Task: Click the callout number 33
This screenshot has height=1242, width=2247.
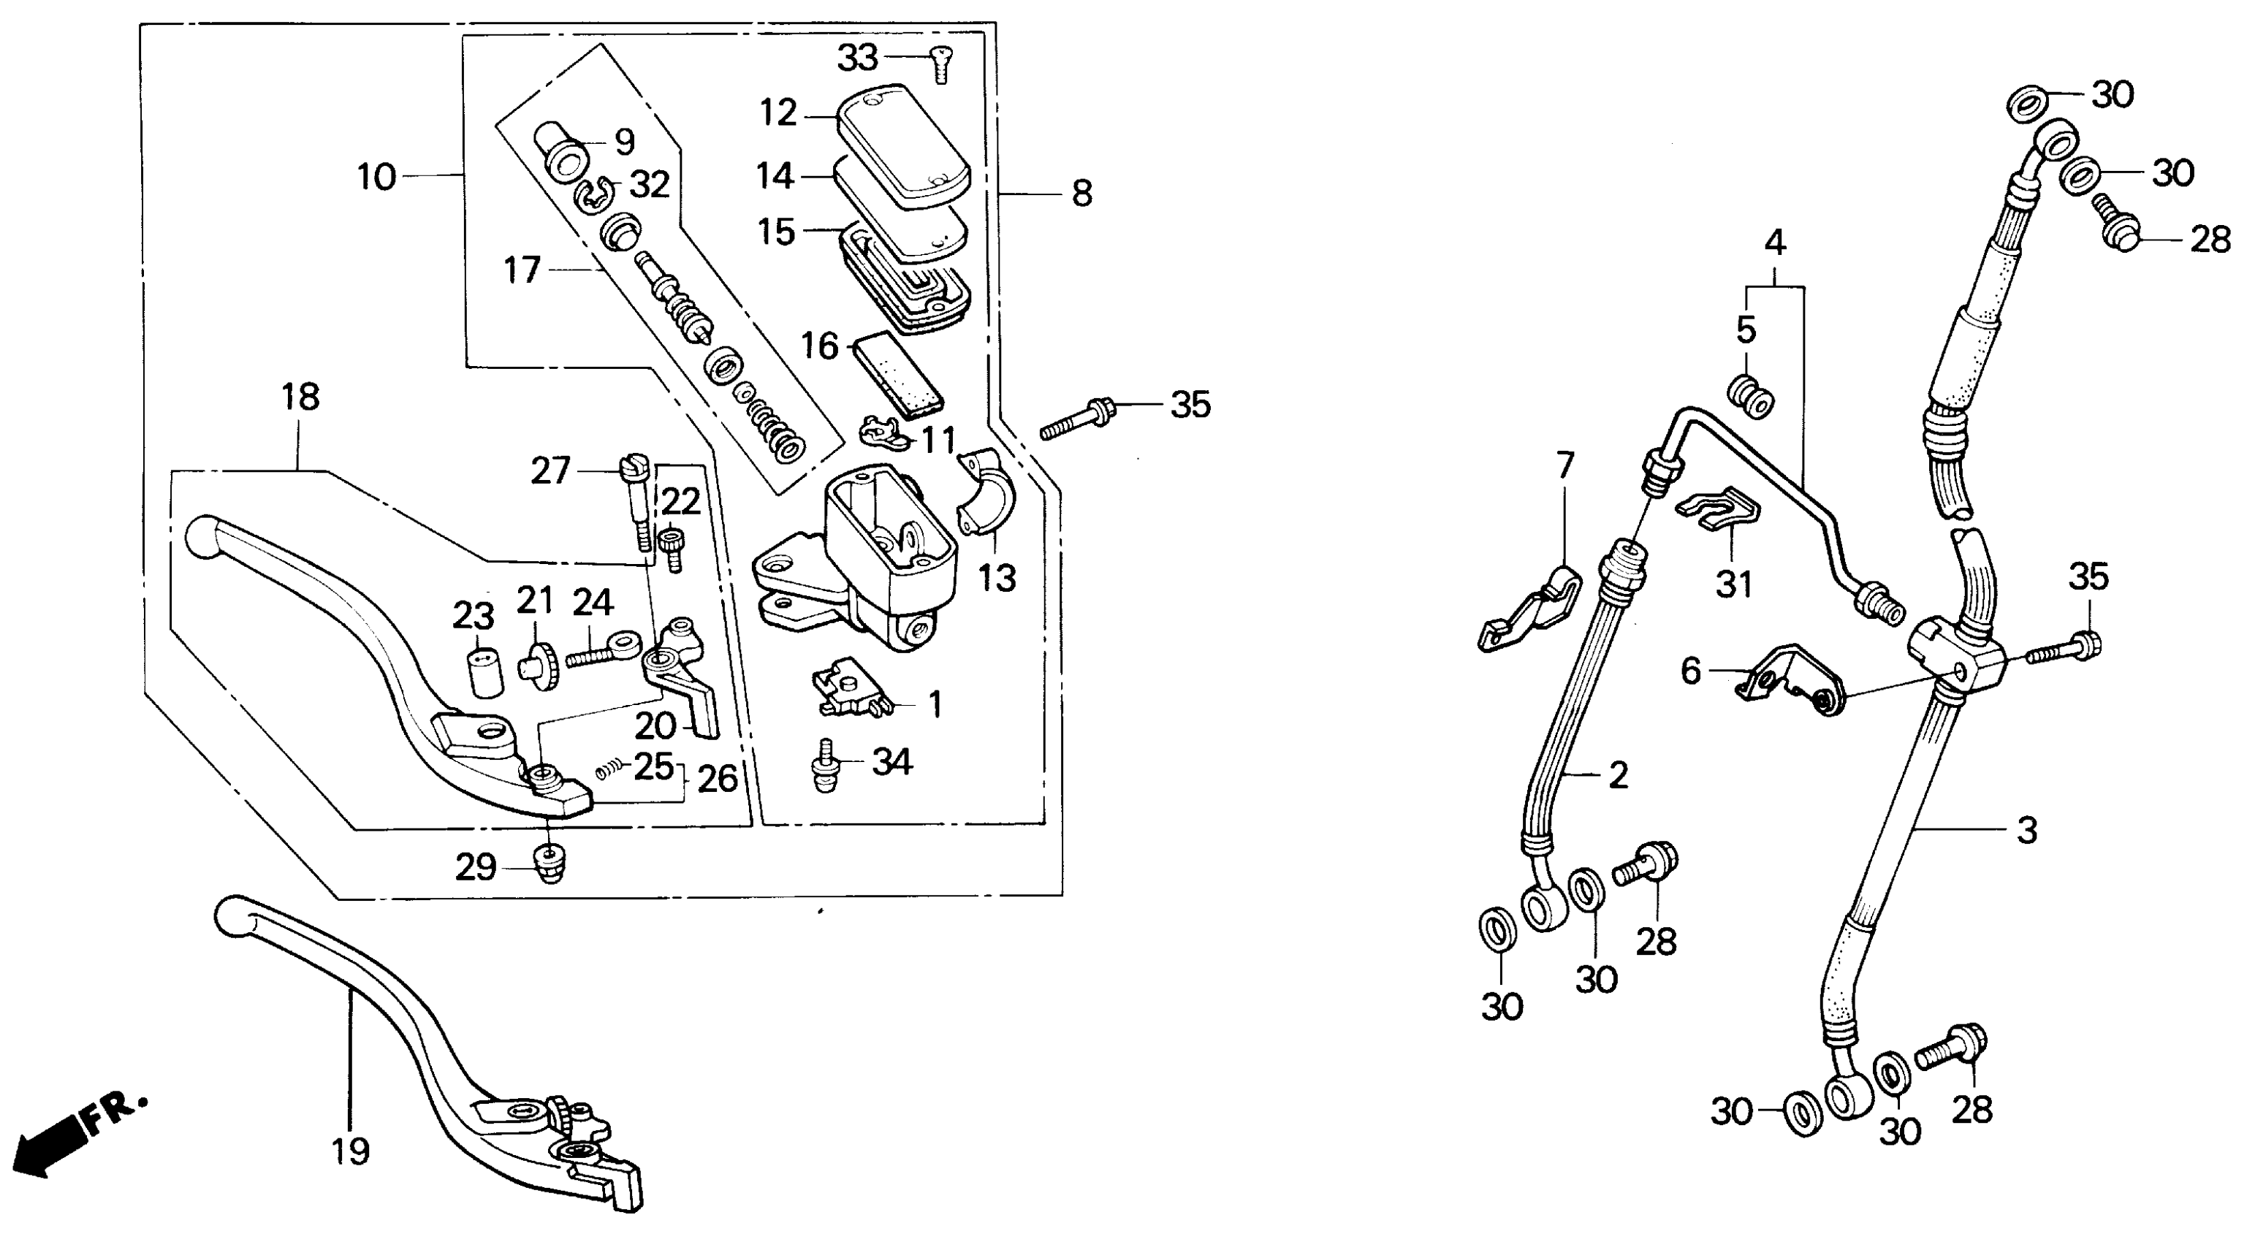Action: pos(857,59)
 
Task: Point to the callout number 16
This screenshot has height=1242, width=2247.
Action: pos(819,347)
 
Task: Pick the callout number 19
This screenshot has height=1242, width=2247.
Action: pos(351,1151)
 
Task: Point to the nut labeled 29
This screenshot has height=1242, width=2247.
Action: pos(549,866)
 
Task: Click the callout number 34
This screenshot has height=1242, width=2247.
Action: pos(892,762)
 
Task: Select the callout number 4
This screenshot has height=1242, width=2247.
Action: pos(1775,243)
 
